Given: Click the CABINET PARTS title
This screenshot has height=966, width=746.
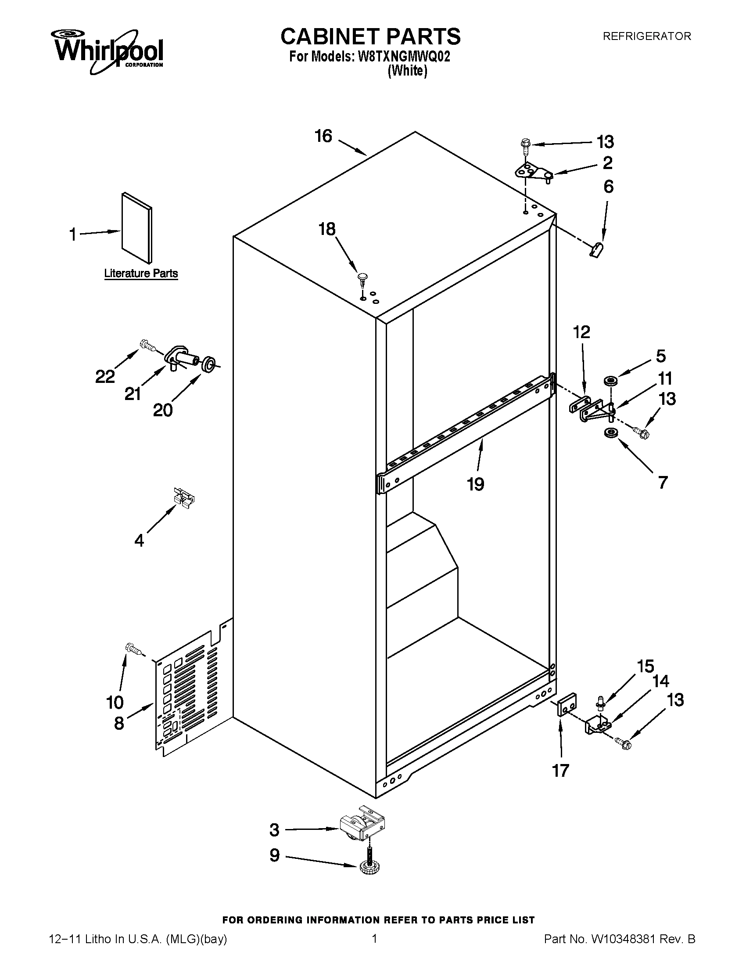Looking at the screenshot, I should click(370, 36).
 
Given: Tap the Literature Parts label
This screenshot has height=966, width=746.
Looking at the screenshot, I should click(140, 274).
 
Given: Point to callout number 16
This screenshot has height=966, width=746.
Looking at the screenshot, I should click(323, 136).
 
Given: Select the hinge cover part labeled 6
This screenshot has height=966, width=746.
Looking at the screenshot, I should click(598, 249).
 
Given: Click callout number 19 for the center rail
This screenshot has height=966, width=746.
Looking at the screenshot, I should click(476, 484).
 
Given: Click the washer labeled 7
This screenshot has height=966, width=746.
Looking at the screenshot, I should click(610, 433).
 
